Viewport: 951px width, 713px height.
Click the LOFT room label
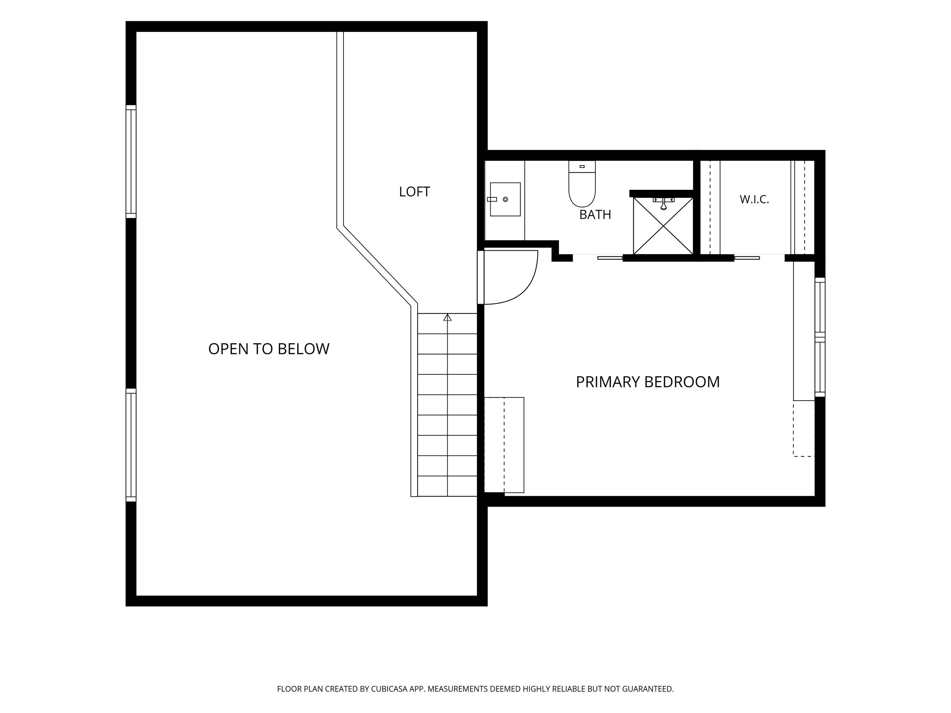click(415, 192)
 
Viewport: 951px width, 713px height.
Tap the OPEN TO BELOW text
click(269, 348)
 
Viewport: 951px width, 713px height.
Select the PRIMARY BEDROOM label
click(648, 382)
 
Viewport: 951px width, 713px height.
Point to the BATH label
click(595, 214)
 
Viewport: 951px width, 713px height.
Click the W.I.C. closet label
click(754, 199)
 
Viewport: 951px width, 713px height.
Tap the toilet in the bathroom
click(582, 184)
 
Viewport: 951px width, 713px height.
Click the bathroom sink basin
click(505, 199)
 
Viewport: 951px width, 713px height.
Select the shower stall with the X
click(663, 226)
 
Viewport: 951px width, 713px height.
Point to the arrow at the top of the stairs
click(448, 317)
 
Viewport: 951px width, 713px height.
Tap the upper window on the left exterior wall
click(131, 162)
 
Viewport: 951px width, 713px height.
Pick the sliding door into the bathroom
click(610, 258)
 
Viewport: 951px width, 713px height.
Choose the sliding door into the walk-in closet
click(747, 258)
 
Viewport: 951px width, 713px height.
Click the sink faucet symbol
click(492, 199)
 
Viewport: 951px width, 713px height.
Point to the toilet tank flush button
click(582, 166)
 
